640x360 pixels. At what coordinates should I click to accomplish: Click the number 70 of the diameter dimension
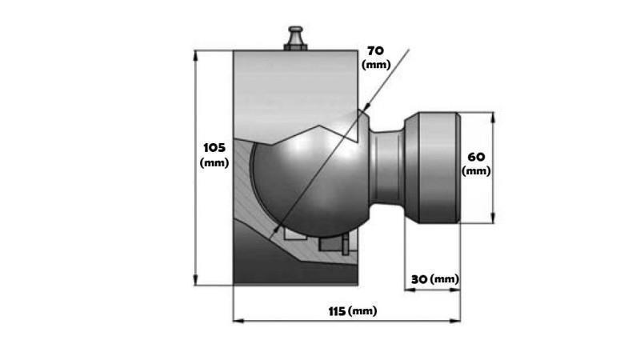coord(375,50)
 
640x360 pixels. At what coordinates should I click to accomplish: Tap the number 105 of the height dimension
coord(214,148)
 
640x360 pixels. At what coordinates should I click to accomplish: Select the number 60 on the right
coord(476,156)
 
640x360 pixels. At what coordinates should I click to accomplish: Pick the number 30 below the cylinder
coord(418,279)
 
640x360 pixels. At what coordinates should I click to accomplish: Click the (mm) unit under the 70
coord(375,64)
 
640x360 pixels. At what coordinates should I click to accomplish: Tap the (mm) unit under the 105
coord(214,162)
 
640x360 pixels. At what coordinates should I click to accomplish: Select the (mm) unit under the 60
coord(476,170)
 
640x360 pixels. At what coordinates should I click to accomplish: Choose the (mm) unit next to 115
coord(363,310)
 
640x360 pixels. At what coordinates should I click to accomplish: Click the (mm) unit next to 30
coord(445,279)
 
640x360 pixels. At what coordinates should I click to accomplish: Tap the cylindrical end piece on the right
coord(433,169)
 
